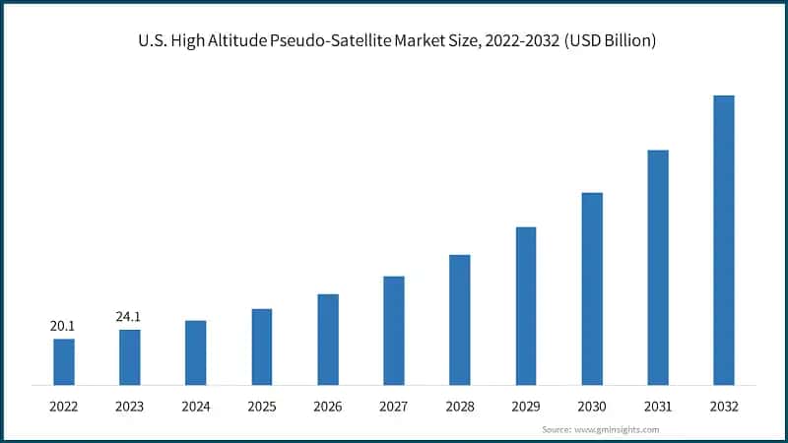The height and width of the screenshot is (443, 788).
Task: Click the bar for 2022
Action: [x=64, y=361]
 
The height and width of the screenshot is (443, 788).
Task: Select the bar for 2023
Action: [x=130, y=356]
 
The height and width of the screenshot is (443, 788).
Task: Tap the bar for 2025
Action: [x=262, y=347]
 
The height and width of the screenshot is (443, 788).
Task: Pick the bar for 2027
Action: [x=394, y=330]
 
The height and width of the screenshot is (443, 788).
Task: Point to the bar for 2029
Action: [x=526, y=305]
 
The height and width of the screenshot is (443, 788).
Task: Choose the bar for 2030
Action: [x=592, y=288]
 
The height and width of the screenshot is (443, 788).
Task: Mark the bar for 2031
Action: [x=658, y=267]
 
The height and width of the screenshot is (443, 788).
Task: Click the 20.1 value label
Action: [x=64, y=326]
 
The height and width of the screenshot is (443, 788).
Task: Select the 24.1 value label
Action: [x=130, y=316]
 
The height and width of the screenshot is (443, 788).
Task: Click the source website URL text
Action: [x=617, y=429]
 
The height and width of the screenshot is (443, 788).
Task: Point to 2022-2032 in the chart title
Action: [x=512, y=42]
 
